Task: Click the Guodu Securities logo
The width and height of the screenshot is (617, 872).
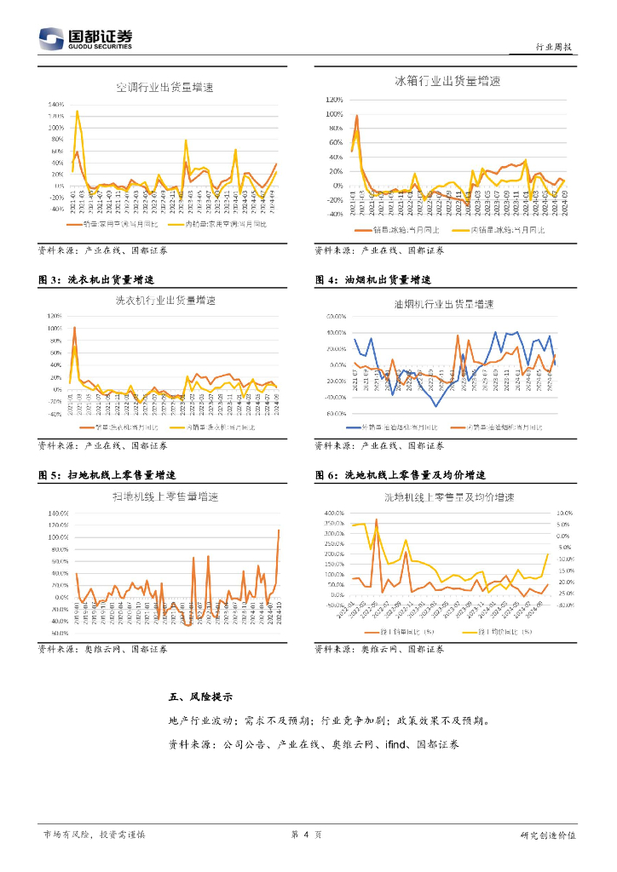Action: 85,39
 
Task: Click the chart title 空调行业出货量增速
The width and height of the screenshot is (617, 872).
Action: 165,88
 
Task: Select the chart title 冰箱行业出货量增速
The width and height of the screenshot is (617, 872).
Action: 447,82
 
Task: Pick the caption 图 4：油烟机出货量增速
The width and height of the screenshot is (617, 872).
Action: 372,279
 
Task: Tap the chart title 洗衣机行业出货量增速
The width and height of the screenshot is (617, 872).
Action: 165,301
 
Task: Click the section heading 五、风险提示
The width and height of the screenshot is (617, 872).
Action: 201,697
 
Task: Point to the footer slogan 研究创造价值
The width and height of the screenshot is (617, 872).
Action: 547,835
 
